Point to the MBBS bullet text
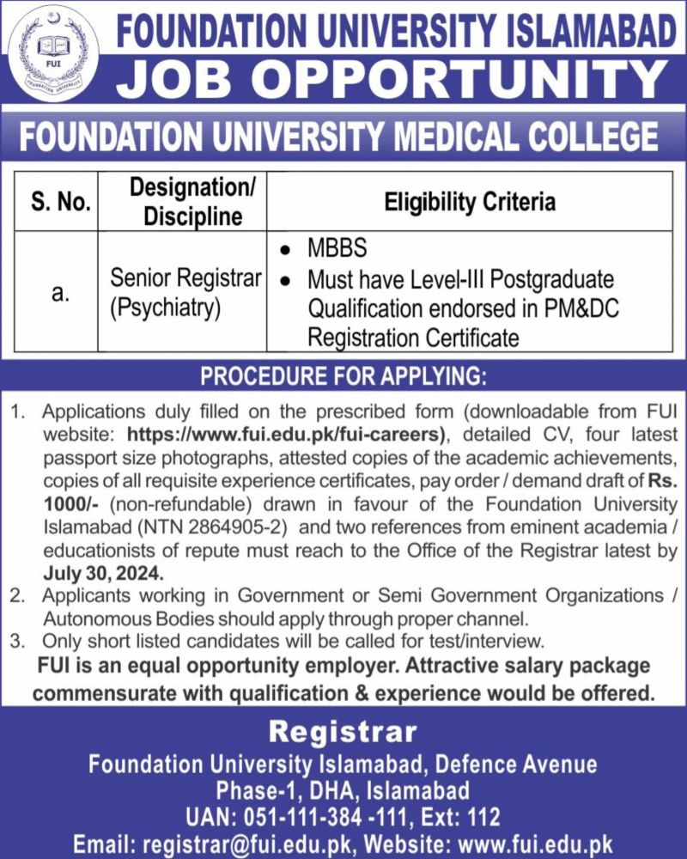coord(337,248)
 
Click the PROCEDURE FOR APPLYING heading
coord(343,376)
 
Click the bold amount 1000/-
coord(68,503)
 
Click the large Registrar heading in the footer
coord(343,733)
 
